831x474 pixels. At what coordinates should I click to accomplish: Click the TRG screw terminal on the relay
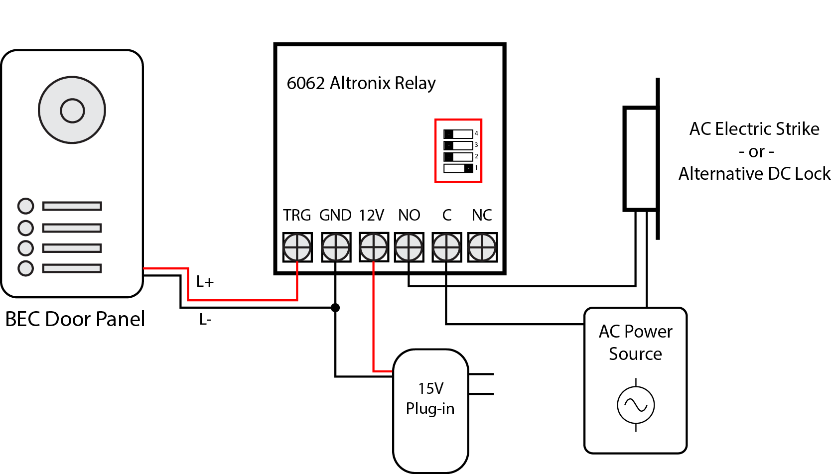pyautogui.click(x=297, y=247)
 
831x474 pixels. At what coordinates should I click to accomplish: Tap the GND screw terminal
pyautogui.click(x=336, y=247)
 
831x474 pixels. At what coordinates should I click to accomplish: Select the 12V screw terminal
pyautogui.click(x=374, y=247)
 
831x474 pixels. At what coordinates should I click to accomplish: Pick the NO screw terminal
pyautogui.click(x=409, y=247)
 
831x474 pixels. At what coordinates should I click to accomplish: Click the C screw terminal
pyautogui.click(x=446, y=247)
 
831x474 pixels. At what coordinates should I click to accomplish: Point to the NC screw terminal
pyautogui.click(x=482, y=247)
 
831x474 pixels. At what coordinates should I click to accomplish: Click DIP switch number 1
pyautogui.click(x=458, y=168)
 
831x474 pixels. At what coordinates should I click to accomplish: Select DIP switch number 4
pyautogui.click(x=458, y=134)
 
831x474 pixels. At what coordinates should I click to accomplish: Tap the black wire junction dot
pyautogui.click(x=335, y=308)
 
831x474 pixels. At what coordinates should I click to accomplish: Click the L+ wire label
pyautogui.click(x=205, y=282)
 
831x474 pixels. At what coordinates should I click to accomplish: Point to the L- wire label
pyautogui.click(x=205, y=320)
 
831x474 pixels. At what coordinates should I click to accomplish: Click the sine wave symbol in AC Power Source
pyautogui.click(x=636, y=405)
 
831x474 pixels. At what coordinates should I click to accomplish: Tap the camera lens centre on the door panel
pyautogui.click(x=72, y=110)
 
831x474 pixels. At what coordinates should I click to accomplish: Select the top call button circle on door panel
pyautogui.click(x=25, y=206)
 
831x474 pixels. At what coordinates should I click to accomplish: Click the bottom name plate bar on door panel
pyautogui.click(x=72, y=268)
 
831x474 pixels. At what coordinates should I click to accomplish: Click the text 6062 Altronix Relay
pyautogui.click(x=361, y=83)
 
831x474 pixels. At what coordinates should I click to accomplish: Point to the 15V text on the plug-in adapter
pyautogui.click(x=430, y=388)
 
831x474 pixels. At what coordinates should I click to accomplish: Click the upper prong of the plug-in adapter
pyautogui.click(x=481, y=373)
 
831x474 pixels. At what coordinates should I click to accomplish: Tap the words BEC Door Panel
pyautogui.click(x=75, y=319)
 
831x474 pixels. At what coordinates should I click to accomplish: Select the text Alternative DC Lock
pyautogui.click(x=754, y=174)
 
